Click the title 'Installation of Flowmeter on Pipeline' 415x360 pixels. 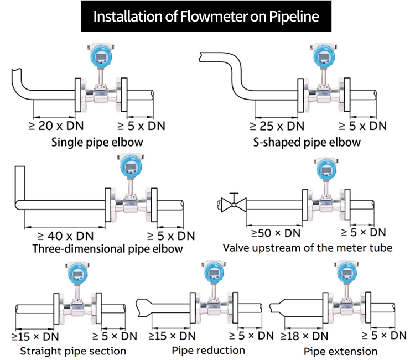[x=206, y=16]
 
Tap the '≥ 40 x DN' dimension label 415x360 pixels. [x=61, y=236]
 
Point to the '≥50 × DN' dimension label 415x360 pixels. [x=276, y=232]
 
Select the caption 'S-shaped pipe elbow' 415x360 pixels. [x=307, y=142]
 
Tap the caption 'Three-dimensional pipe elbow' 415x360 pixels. [x=107, y=249]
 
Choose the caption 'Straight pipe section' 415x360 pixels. [x=73, y=351]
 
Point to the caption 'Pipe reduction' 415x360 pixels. [x=208, y=350]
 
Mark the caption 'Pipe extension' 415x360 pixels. [x=340, y=351]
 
